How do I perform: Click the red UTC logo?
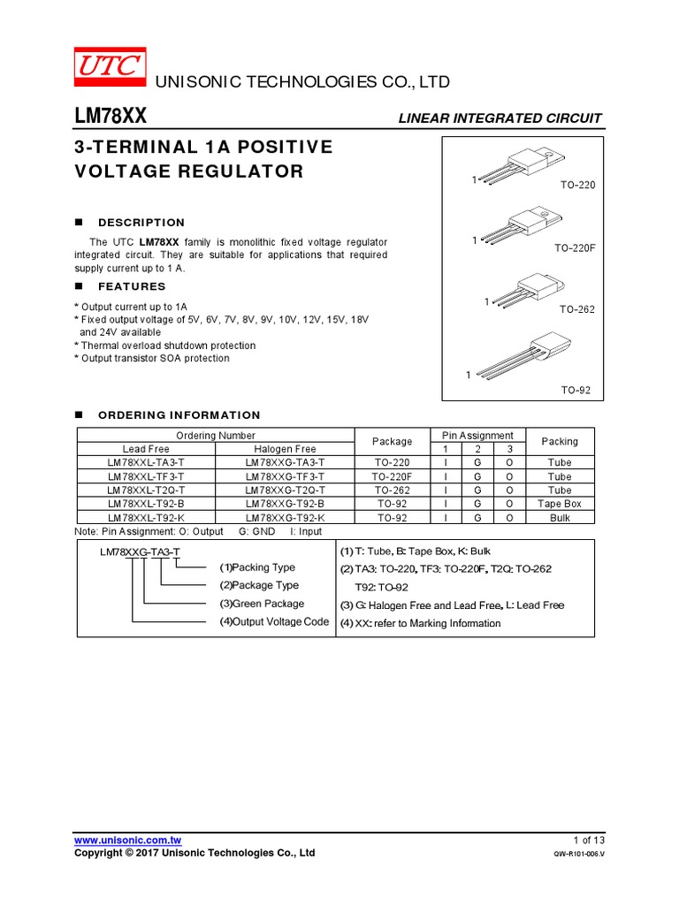point(110,65)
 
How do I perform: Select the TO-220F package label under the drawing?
point(576,248)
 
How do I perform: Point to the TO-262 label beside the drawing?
point(577,310)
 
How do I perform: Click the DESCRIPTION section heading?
point(141,223)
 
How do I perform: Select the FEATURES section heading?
point(132,286)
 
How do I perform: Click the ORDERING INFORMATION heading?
point(179,414)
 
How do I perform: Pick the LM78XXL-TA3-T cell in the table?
point(146,462)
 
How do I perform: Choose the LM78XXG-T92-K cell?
point(285,518)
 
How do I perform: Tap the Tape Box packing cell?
point(560,504)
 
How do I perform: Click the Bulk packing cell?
point(560,518)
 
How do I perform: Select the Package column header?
point(392,442)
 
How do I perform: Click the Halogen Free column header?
point(285,449)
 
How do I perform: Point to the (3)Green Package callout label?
point(262,604)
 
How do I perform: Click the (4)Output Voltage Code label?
point(274,622)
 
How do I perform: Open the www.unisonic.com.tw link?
point(127,839)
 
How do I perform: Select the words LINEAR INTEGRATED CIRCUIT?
point(500,118)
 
